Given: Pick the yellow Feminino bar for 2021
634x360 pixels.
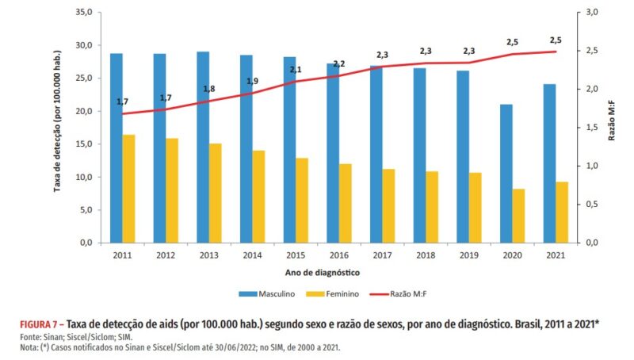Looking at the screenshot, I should (562, 212).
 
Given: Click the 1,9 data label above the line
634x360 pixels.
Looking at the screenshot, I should (253, 82).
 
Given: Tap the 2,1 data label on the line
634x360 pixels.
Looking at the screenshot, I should (296, 70).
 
